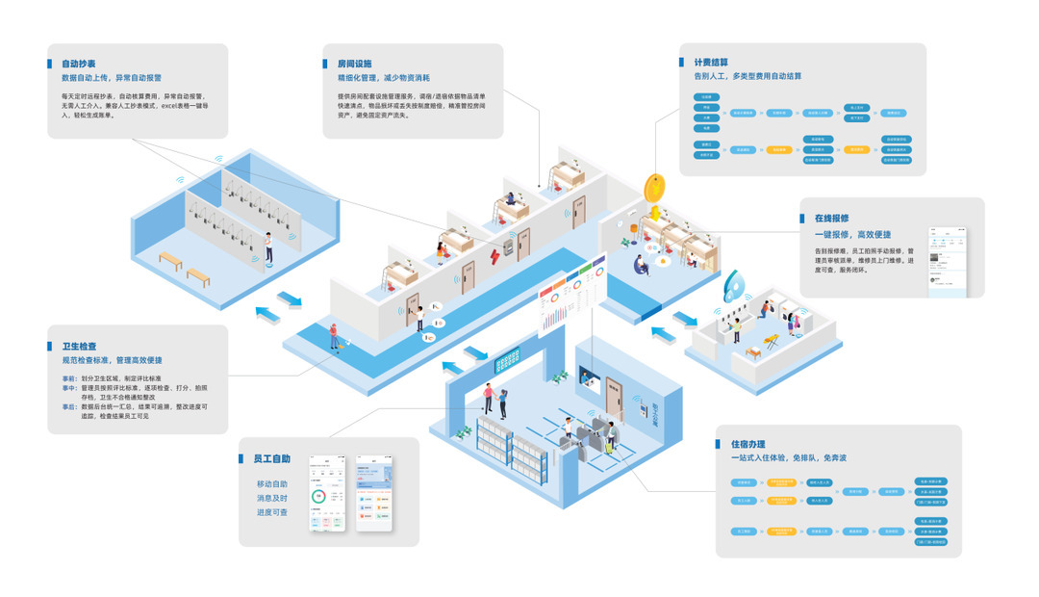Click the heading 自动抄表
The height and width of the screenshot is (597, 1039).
[x=78, y=64]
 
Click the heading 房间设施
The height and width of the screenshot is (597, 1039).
[x=354, y=64]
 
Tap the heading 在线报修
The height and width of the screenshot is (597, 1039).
[x=831, y=219]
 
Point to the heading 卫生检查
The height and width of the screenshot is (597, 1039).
[x=79, y=346]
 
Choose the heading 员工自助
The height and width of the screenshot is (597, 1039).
[x=271, y=459]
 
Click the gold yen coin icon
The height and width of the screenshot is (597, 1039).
[x=655, y=185]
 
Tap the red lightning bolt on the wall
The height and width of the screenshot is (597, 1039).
[x=496, y=255]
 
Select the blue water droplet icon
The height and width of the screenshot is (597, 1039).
[x=736, y=285]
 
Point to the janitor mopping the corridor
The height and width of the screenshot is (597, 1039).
[x=334, y=334]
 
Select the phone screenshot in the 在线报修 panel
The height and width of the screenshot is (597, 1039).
[x=948, y=263]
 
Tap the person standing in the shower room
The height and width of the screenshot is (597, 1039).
[x=270, y=245]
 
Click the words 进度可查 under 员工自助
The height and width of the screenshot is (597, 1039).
[x=271, y=512]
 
